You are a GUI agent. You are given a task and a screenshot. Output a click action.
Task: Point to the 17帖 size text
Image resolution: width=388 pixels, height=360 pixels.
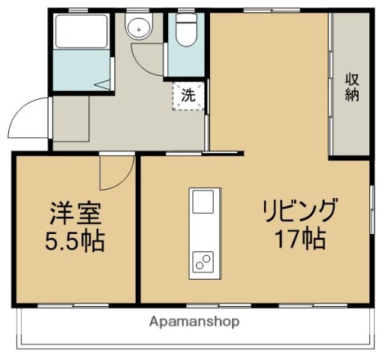point(299,239)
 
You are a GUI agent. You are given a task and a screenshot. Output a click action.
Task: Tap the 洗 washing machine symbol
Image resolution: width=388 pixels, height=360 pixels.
point(188,96)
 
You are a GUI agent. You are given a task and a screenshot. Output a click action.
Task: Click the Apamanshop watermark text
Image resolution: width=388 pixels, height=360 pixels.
point(194,322)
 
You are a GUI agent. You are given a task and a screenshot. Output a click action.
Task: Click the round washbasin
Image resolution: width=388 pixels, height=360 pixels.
point(137,29)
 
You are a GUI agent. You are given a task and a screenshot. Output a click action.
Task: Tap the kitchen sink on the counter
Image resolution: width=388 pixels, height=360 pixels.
point(203,202)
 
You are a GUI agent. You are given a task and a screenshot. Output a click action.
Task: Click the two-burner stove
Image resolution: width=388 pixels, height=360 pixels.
point(203,261)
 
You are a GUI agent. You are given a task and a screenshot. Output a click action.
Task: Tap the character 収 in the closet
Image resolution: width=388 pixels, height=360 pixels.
point(352,78)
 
